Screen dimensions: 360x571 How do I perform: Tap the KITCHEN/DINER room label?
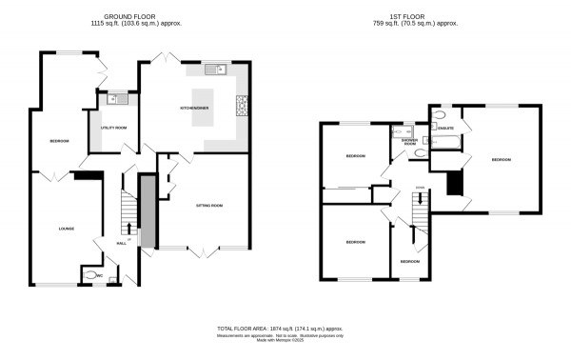195,109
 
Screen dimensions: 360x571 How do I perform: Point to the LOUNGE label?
66,228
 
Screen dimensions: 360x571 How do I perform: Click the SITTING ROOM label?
209,205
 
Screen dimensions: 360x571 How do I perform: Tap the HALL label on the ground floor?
121,244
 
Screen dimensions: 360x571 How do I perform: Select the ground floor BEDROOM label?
60,142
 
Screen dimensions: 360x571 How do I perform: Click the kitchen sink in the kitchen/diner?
214,68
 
